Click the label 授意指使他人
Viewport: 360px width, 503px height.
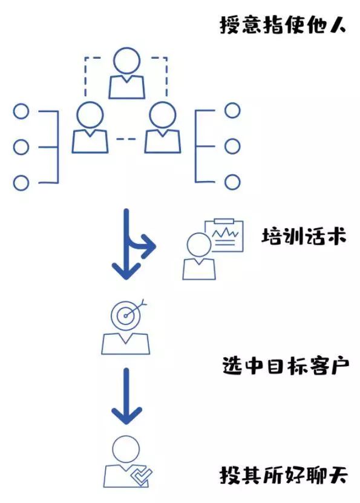click(x=283, y=25)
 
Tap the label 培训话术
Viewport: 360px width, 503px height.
click(x=304, y=236)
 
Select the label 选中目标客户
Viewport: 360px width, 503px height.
click(x=283, y=366)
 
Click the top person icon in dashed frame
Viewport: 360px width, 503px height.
click(x=126, y=74)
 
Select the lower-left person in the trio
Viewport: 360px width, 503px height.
click(x=90, y=128)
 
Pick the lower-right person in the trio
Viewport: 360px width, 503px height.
click(x=162, y=128)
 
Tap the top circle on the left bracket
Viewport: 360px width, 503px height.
click(x=21, y=111)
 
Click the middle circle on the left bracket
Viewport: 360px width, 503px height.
click(x=21, y=146)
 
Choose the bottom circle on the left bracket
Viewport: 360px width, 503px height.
click(x=21, y=182)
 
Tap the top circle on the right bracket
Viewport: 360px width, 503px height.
click(x=232, y=111)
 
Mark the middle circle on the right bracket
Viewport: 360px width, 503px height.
click(x=232, y=146)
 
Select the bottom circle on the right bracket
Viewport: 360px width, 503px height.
click(x=232, y=182)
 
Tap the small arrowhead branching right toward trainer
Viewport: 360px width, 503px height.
click(x=148, y=246)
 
